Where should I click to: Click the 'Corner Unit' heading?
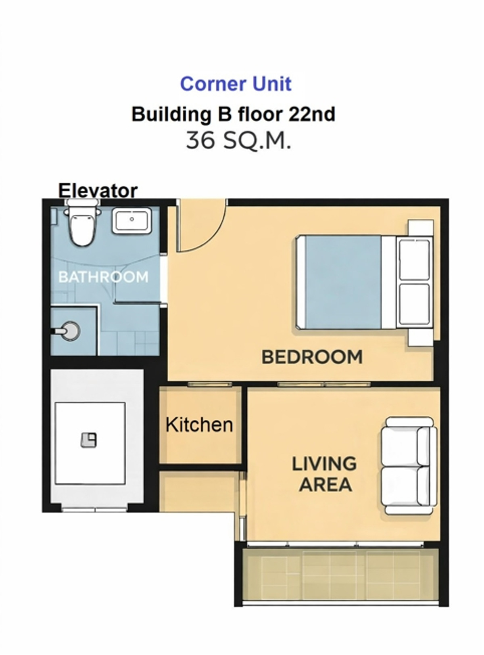pyautogui.click(x=236, y=84)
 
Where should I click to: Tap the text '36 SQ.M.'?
pyautogui.click(x=238, y=140)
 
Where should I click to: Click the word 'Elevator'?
pyautogui.click(x=98, y=190)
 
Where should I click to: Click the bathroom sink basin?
pyautogui.click(x=131, y=220)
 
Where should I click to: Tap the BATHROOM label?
pyautogui.click(x=103, y=277)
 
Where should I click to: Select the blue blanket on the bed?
pyautogui.click(x=342, y=282)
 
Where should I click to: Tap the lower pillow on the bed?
pyautogui.click(x=414, y=304)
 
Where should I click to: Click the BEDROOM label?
pyautogui.click(x=312, y=357)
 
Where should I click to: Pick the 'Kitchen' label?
pyautogui.click(x=200, y=425)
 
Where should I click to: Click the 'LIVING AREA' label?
pyautogui.click(x=325, y=474)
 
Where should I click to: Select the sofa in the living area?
pyautogui.click(x=409, y=466)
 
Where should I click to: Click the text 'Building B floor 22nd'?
pyautogui.click(x=234, y=114)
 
